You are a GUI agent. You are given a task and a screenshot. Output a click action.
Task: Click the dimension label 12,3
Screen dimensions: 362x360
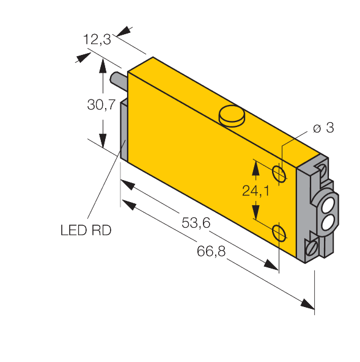(97, 41)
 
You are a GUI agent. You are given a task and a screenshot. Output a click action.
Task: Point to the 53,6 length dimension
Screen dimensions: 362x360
(196, 223)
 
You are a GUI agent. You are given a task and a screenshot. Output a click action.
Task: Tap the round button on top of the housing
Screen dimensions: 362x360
(230, 115)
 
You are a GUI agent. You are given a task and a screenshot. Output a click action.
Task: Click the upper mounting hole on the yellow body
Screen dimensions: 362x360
(279, 173)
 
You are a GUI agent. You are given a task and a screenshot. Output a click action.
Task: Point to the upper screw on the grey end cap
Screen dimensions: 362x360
(320, 166)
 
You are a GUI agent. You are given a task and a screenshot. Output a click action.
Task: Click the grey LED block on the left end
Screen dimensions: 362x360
(122, 131)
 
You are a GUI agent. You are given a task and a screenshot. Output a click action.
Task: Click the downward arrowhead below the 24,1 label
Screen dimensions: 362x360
(255, 212)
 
